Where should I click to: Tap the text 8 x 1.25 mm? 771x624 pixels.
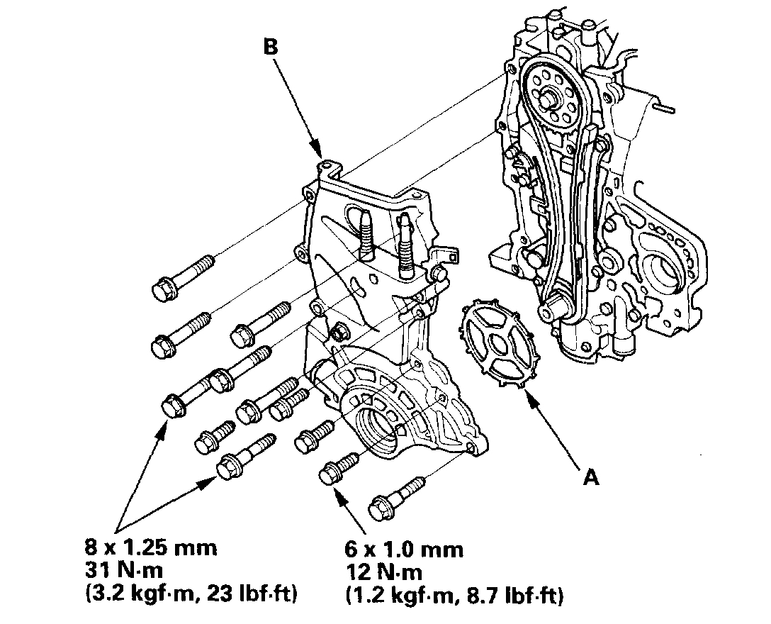150,547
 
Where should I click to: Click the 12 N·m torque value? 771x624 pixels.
386,572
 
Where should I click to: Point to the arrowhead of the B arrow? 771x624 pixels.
320,154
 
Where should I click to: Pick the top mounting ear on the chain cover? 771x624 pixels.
327,166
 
